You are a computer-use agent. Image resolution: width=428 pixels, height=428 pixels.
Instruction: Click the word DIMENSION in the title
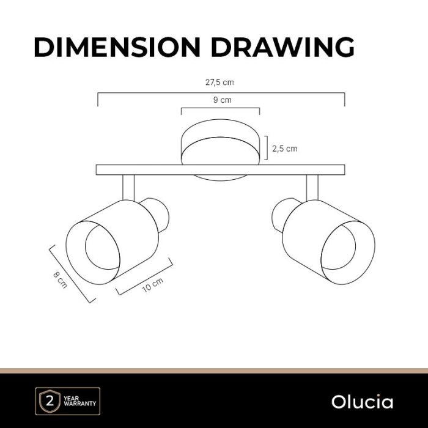117,47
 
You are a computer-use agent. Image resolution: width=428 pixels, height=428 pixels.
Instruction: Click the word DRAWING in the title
282,47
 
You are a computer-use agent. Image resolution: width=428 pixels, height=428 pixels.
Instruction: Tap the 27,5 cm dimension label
220,83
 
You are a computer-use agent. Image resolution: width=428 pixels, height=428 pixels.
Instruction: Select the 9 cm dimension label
222,100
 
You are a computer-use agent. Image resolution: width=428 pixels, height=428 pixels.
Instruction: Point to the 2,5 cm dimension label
285,149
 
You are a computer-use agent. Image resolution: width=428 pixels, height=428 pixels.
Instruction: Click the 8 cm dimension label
60,280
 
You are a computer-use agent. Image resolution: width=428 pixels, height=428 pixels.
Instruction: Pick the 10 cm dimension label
153,285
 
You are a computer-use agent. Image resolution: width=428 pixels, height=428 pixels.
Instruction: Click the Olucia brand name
362,402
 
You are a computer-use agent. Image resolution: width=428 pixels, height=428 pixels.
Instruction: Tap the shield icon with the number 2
50,401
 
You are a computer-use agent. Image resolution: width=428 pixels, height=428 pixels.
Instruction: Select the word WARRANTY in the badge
79,404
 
